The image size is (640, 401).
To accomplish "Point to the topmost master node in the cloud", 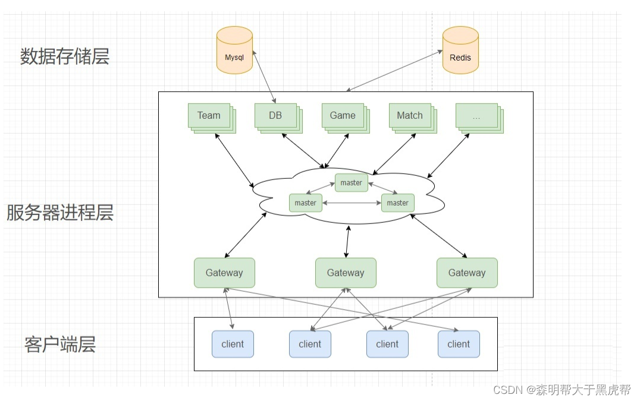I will (351, 182).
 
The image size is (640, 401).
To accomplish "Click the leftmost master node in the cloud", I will (305, 203).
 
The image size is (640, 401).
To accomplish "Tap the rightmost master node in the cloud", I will (397, 203).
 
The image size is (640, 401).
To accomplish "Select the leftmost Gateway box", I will (224, 273).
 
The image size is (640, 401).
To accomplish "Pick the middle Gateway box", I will (346, 273).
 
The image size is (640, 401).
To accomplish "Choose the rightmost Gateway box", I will (467, 273).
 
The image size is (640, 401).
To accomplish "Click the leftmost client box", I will (233, 344).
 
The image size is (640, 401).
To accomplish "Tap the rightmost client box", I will (459, 344).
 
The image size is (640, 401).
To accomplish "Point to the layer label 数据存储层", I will (65, 56).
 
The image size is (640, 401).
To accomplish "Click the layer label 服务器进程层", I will (59, 213).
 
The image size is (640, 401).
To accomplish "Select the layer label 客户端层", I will (60, 344).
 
